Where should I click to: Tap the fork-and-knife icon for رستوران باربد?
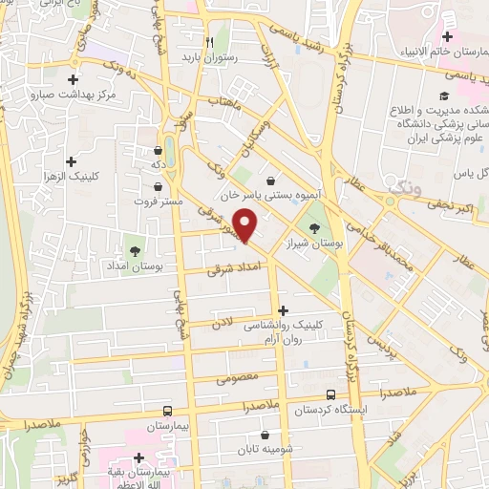pyautogui.click(x=208, y=43)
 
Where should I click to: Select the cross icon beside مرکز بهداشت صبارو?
pyautogui.click(x=73, y=80)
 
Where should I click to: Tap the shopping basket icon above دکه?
pyautogui.click(x=158, y=150)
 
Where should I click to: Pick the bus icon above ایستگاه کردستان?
pyautogui.click(x=330, y=394)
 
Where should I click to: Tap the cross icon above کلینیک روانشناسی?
pyautogui.click(x=283, y=309)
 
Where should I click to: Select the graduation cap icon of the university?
pyautogui.click(x=443, y=96)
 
